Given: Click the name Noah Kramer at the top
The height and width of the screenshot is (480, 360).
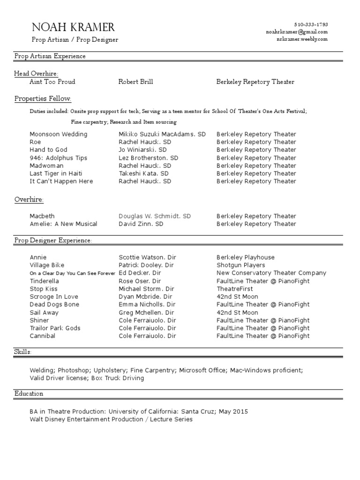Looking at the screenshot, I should (x=73, y=27).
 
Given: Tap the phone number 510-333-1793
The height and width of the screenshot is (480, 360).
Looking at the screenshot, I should (x=311, y=24).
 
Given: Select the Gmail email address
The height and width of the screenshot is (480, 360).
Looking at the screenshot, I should (x=297, y=32).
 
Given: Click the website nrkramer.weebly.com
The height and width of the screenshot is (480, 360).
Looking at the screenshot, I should (x=302, y=39).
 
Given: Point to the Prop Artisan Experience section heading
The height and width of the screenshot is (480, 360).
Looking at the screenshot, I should (x=50, y=56).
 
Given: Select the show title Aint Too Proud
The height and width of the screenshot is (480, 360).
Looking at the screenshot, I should (x=52, y=82).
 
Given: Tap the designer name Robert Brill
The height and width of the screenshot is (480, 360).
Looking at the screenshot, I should (x=136, y=82).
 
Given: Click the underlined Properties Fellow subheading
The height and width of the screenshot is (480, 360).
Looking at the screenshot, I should (x=43, y=98).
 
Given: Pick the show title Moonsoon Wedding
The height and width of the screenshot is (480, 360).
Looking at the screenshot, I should (x=58, y=135).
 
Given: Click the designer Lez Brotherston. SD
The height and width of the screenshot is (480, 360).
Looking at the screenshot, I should (x=149, y=158).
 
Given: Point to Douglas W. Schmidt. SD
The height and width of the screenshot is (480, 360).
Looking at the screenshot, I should (x=155, y=216).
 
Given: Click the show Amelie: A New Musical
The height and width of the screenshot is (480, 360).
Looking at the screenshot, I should (x=63, y=224).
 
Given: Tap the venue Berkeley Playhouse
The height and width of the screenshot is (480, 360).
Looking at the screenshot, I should (x=246, y=257).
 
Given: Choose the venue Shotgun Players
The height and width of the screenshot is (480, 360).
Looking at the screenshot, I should (x=240, y=265).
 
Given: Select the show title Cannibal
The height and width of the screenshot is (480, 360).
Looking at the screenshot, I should (x=42, y=336).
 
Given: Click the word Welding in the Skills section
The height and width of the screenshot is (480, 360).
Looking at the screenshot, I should (x=42, y=370).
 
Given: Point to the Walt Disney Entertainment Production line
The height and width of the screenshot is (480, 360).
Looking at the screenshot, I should (x=111, y=420).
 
